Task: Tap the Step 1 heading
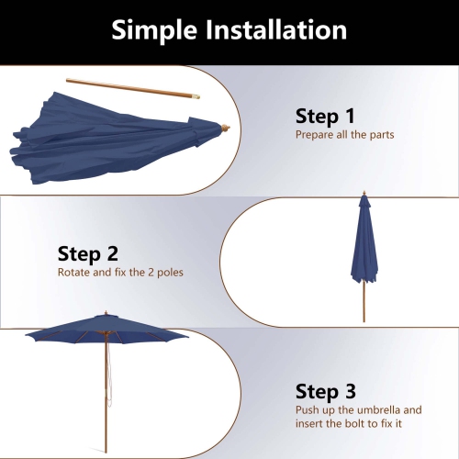(x=324, y=117)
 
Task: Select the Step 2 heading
(x=88, y=253)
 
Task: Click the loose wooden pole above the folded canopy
(x=129, y=88)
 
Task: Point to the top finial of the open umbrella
(x=106, y=314)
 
